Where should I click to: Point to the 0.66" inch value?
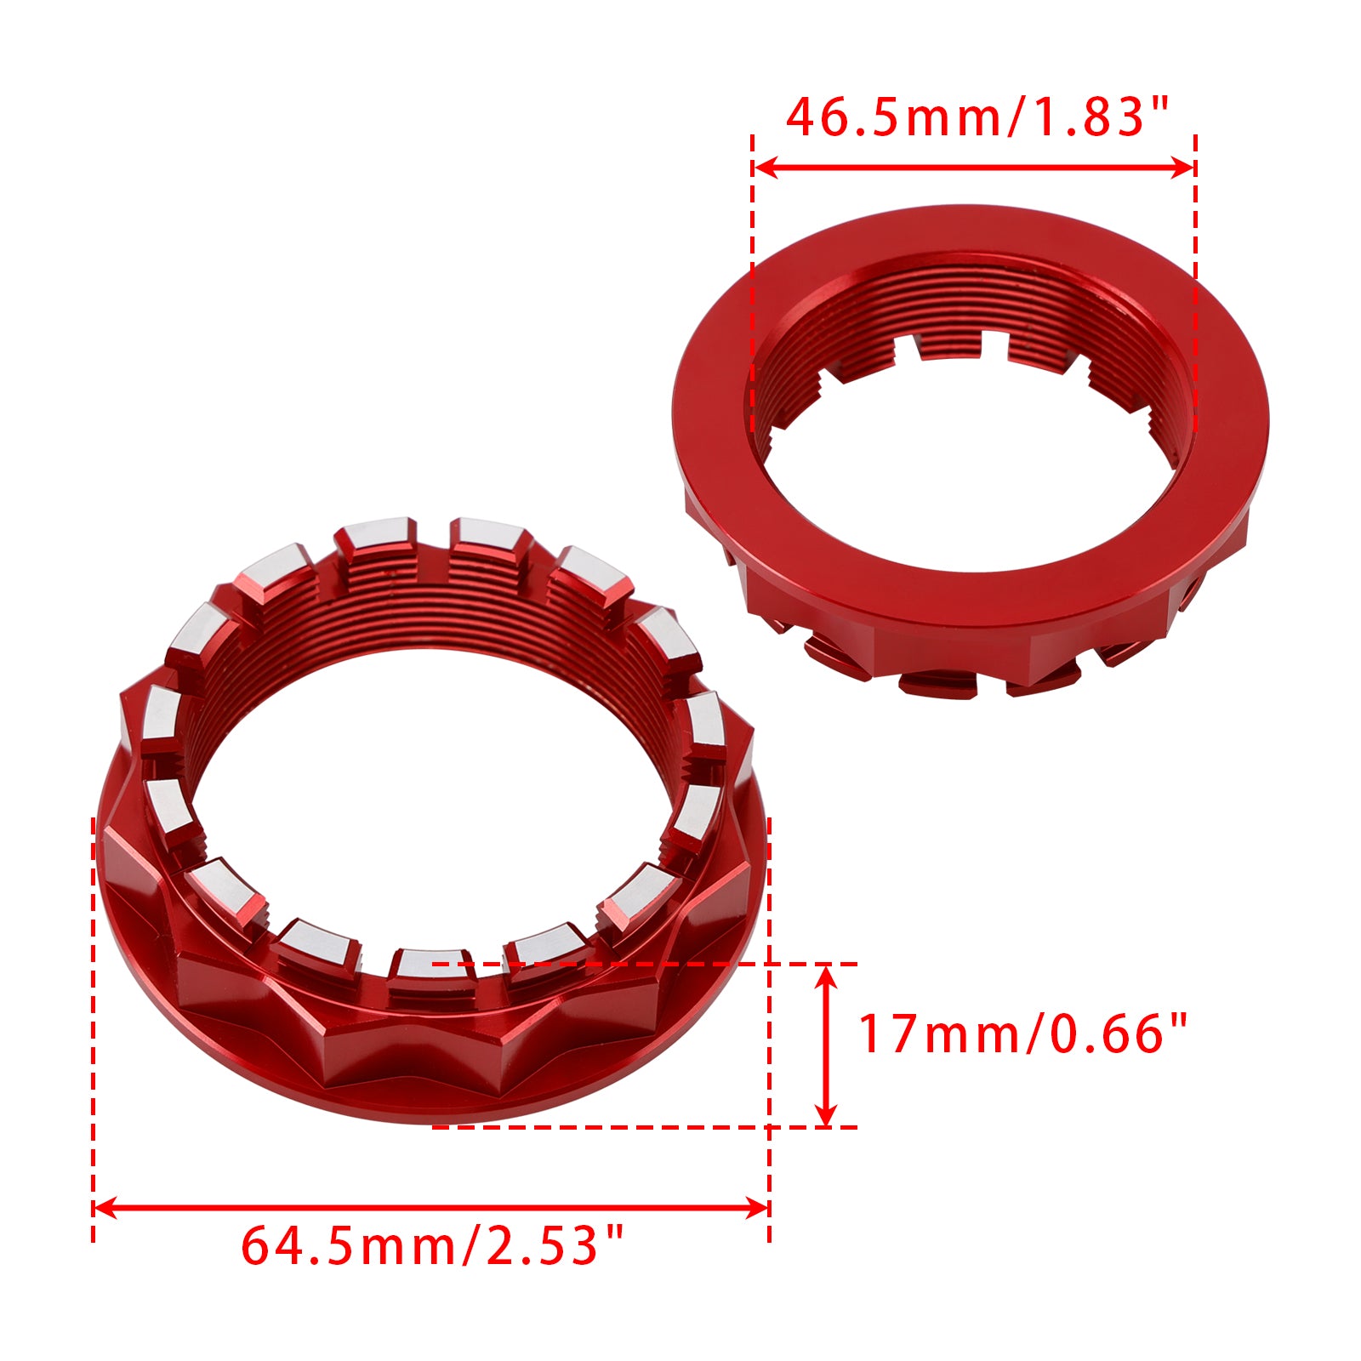[x=1118, y=1034]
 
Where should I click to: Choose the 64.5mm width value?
[x=350, y=1247]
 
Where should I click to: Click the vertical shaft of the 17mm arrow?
[x=826, y=1046]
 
